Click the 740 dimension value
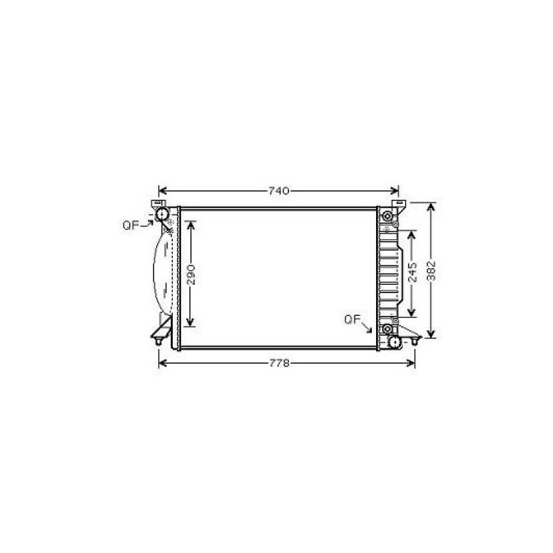pyautogui.click(x=279, y=191)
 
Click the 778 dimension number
pyautogui.click(x=279, y=364)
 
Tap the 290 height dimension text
pyautogui.click(x=191, y=274)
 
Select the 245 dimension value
pyautogui.click(x=412, y=272)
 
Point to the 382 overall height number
pyautogui.click(x=431, y=270)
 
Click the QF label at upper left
pyautogui.click(x=131, y=225)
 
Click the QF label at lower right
pyautogui.click(x=353, y=320)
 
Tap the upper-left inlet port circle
pyautogui.click(x=162, y=214)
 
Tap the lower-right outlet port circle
pyautogui.click(x=394, y=341)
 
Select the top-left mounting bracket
pyautogui.click(x=158, y=204)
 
